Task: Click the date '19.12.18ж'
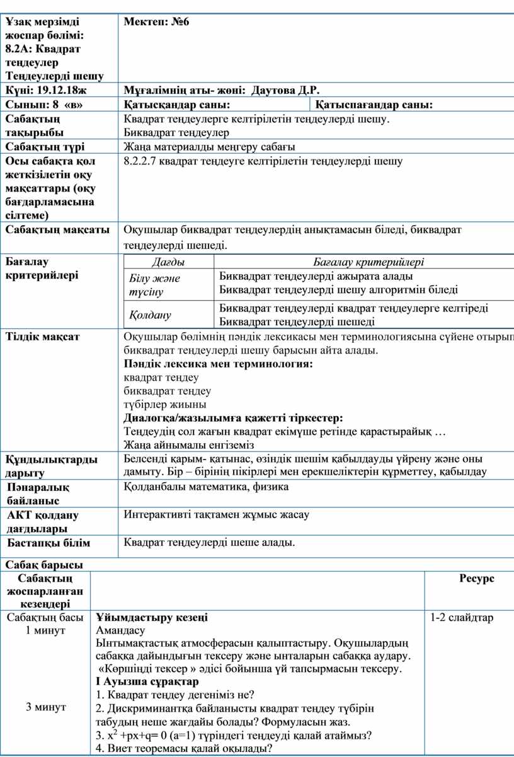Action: point(64,91)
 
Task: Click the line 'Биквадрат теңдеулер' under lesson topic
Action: point(176,132)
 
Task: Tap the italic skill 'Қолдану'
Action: point(151,315)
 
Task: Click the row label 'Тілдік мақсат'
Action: point(43,337)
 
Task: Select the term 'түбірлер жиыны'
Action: point(165,405)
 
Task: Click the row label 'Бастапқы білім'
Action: point(49,543)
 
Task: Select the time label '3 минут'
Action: point(46,707)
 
